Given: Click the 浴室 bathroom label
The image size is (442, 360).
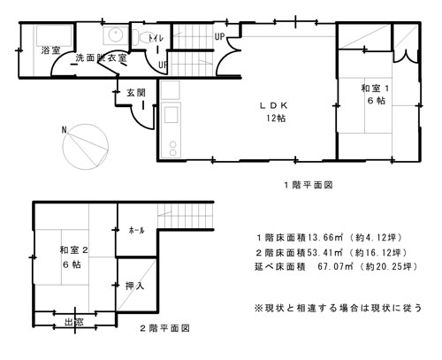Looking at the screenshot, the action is click(x=50, y=50).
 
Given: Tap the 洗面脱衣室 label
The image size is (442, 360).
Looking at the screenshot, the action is click(x=101, y=57).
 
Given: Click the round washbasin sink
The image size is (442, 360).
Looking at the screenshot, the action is click(x=116, y=35).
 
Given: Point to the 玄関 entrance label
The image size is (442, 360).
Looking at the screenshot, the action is click(x=136, y=93).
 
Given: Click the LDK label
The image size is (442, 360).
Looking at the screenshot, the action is click(x=273, y=105).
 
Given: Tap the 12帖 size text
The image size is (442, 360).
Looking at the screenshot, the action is click(x=276, y=119).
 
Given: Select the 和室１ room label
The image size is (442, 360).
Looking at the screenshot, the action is click(x=376, y=88).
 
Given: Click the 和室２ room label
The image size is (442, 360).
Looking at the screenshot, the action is click(x=73, y=250).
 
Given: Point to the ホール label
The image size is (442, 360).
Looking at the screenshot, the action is click(x=136, y=230).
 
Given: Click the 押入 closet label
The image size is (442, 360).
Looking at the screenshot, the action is click(x=134, y=286).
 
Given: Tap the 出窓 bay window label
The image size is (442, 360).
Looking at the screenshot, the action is click(x=74, y=322).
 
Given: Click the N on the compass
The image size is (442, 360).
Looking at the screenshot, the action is click(x=64, y=130).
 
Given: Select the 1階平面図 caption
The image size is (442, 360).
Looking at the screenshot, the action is click(x=309, y=185).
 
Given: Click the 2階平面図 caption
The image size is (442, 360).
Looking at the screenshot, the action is click(x=164, y=328).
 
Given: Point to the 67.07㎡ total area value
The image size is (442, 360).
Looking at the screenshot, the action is click(x=335, y=266).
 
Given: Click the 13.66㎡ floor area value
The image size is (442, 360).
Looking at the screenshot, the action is click(x=325, y=237).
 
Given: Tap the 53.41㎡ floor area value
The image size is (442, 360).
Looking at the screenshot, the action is click(x=325, y=252).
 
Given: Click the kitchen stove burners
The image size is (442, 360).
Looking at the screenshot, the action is click(x=173, y=149).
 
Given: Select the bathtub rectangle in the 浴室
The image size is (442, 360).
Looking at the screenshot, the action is click(x=54, y=35).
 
